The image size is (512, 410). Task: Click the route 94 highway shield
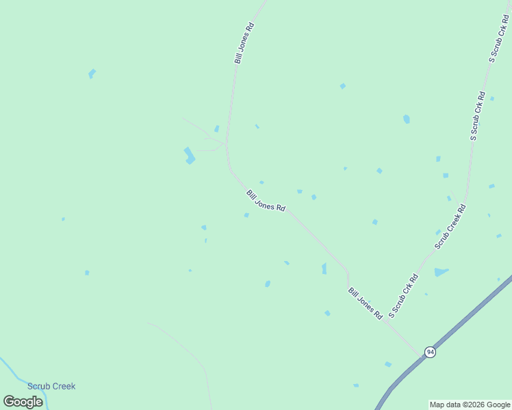[x=430, y=352]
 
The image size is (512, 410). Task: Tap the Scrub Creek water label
[x=51, y=386]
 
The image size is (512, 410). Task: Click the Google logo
[x=23, y=402]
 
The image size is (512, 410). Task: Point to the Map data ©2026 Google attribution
[x=470, y=405]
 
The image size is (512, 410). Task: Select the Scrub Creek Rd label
[x=450, y=226]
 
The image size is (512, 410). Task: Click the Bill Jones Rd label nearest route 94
[x=365, y=303]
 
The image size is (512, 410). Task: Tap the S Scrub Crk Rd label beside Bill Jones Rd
[x=404, y=296]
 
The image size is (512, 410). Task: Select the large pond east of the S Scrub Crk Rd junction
[x=441, y=272]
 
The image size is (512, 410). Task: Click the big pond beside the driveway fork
[x=189, y=155]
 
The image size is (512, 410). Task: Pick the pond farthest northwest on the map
[x=92, y=73]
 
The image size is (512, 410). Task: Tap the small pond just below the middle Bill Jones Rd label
[x=246, y=215]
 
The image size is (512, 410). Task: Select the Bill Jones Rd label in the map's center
[x=266, y=201]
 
